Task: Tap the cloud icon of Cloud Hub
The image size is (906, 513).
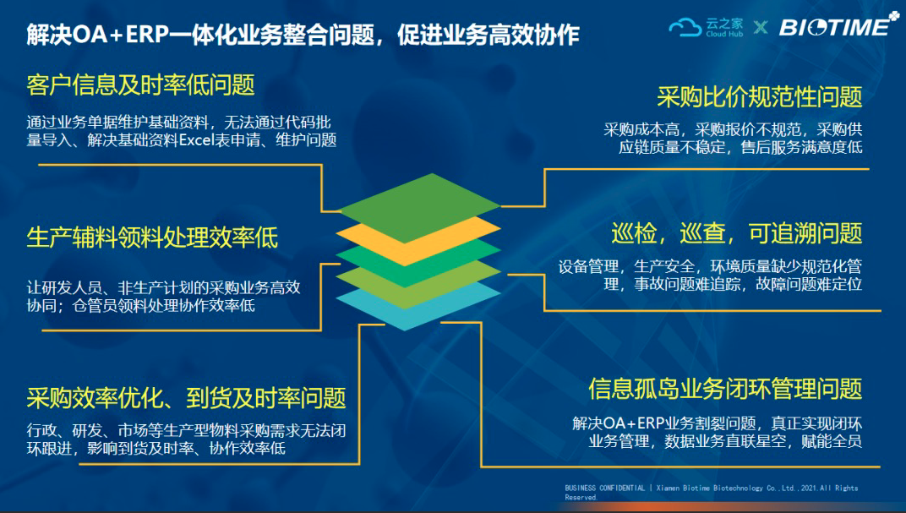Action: tap(685, 27)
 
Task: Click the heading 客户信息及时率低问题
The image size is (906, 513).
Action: tap(140, 85)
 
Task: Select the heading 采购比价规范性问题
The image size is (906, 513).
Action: tap(759, 97)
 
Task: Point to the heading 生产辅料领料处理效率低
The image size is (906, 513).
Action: tap(152, 237)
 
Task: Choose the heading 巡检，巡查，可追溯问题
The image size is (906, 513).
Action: tap(737, 233)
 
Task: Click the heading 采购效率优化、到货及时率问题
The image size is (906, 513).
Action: tap(186, 398)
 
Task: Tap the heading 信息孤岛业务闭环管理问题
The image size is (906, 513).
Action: tap(725, 389)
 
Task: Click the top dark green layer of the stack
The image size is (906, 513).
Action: tap(418, 205)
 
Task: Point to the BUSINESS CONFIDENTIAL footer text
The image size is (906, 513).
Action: tap(605, 488)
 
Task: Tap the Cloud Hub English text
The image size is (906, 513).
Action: tap(724, 34)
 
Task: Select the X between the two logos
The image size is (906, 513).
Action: tap(761, 27)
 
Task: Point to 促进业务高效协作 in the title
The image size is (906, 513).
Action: tap(488, 35)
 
